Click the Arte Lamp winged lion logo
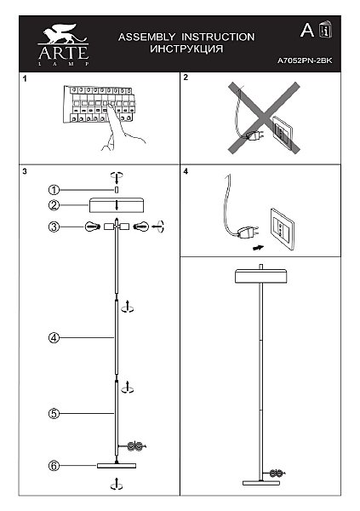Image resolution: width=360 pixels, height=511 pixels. (62, 34)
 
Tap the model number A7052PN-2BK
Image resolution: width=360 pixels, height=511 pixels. (305, 60)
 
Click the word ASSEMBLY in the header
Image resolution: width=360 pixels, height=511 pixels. (146, 37)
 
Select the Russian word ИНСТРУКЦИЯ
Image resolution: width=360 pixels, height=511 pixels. (186, 49)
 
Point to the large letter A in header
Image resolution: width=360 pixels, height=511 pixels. (307, 31)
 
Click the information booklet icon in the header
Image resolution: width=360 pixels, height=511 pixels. (325, 30)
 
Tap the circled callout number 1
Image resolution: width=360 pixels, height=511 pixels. (54, 190)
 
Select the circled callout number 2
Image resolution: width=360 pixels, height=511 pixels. (54, 205)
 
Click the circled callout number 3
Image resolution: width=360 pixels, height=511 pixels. (54, 227)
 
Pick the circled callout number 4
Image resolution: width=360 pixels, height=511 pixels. (54, 337)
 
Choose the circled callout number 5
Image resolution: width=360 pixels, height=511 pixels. (54, 414)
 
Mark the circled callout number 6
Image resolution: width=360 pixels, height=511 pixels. (54, 466)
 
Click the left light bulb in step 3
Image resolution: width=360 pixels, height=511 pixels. (93, 227)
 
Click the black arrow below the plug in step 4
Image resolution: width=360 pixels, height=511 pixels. (259, 248)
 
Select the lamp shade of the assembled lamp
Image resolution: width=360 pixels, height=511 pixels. (261, 276)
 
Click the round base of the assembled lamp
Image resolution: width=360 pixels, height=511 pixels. (261, 483)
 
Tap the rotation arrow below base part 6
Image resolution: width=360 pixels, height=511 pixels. (117, 484)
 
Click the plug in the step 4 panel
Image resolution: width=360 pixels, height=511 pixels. (249, 233)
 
